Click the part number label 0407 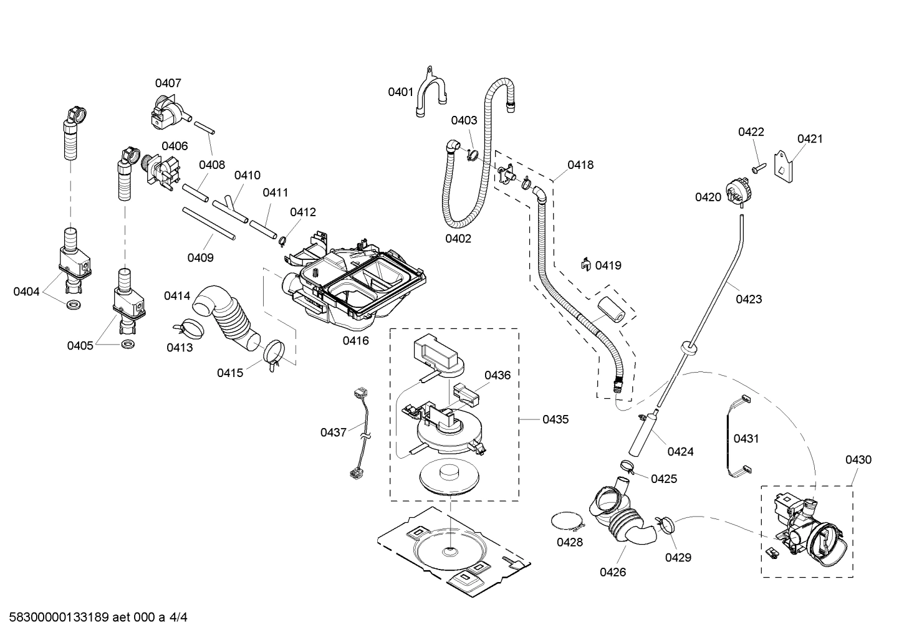point(168,83)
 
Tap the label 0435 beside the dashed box point(555,419)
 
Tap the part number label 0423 point(748,299)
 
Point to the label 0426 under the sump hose point(612,572)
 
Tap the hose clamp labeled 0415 point(273,352)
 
